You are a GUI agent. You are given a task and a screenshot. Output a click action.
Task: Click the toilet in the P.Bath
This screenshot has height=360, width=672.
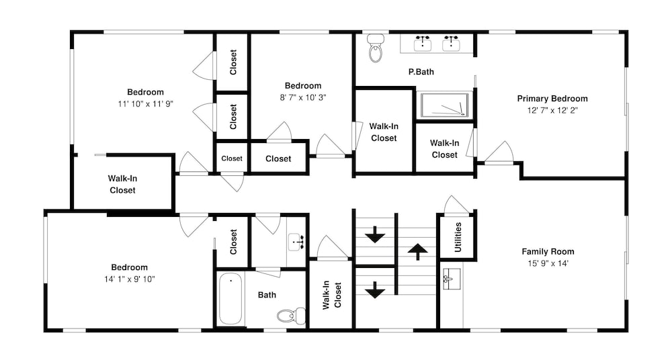[x=376, y=48]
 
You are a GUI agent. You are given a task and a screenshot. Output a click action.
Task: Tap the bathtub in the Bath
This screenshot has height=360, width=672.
[x=230, y=299]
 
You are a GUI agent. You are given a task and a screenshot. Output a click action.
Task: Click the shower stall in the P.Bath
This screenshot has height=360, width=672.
[x=444, y=105]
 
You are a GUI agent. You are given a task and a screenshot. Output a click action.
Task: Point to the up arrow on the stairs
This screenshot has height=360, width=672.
[x=417, y=252]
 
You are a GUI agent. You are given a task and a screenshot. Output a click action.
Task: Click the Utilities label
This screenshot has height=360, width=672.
[x=458, y=237]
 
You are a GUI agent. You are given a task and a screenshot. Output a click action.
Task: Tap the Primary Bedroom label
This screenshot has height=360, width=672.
[x=552, y=99]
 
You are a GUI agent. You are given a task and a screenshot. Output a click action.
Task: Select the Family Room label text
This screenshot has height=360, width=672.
[x=548, y=252]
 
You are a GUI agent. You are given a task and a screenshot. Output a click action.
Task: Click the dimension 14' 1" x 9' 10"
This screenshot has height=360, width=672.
[x=130, y=279]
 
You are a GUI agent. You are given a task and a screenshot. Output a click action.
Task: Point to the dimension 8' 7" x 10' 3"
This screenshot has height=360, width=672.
[x=303, y=97]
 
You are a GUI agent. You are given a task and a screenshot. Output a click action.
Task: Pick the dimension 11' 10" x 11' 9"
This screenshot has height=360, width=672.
[x=145, y=104]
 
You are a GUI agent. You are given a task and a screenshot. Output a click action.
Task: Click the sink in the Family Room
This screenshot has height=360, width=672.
[x=451, y=279]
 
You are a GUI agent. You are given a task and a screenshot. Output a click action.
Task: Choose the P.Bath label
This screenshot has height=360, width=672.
[x=421, y=72]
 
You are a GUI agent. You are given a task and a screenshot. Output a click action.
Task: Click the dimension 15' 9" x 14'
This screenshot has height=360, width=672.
[x=548, y=263]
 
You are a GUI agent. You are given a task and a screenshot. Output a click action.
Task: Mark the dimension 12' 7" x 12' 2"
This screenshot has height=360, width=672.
[x=552, y=111]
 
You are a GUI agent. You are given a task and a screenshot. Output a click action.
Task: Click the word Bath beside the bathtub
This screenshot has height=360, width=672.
[x=267, y=295]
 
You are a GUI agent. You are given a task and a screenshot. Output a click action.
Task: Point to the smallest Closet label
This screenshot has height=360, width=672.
[x=232, y=159]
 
